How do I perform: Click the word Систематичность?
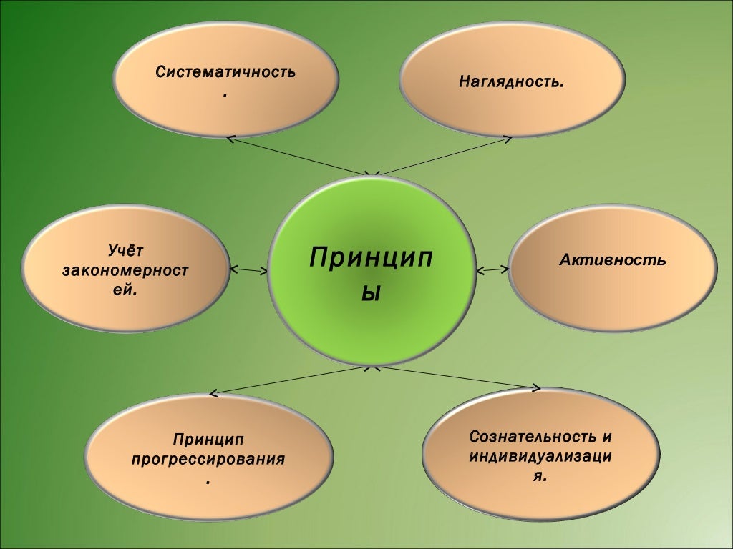pos(225,73)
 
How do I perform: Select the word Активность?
pos(613,260)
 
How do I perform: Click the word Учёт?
pos(126,251)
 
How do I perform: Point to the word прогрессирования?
pos(208,458)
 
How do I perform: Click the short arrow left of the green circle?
pos(249,270)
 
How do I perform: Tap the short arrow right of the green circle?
pos(492,270)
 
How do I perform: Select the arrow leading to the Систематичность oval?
pos(301,155)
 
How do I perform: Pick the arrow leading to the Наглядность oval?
pos(444,156)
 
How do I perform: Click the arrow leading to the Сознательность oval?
pos(458,378)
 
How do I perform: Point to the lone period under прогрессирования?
pos(208,483)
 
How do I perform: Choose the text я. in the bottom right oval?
pos(540,475)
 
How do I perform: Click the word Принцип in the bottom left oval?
pos(208,438)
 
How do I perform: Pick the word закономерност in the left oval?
pos(125,271)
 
